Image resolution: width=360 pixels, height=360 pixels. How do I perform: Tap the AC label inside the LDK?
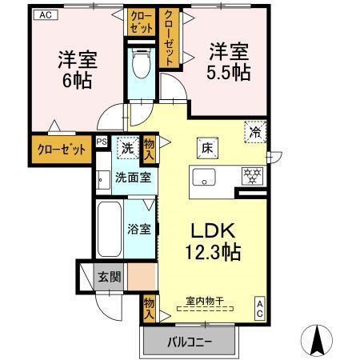click(261, 307)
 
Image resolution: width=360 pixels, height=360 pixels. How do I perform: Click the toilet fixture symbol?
click(141, 63)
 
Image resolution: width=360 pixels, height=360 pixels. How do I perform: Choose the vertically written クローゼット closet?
click(170, 38)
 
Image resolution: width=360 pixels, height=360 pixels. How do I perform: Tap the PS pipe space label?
click(101, 142)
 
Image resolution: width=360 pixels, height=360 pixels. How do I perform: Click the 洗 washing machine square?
click(126, 147)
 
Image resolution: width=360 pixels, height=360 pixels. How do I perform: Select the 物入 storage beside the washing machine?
click(149, 148)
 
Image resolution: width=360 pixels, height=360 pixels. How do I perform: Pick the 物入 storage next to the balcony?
click(149, 308)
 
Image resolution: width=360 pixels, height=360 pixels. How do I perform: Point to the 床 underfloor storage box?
click(206, 147)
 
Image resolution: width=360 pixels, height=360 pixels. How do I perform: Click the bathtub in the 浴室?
click(110, 227)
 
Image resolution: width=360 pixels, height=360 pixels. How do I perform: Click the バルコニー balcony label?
click(190, 342)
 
